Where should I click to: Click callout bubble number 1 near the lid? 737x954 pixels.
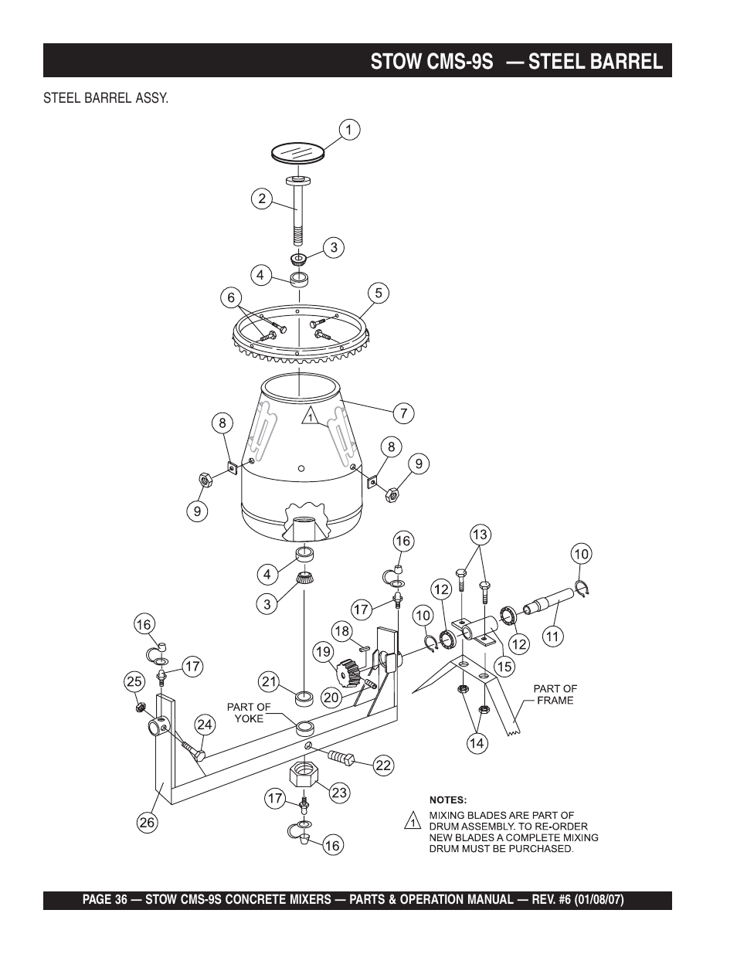pos(348,131)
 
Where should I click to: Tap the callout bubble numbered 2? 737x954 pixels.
pos(262,199)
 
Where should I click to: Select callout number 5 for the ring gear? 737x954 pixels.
pos(379,293)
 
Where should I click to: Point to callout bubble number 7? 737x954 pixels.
pos(403,413)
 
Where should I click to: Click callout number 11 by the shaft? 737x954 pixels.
pos(552,637)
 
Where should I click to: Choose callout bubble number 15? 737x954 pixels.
pos(504,666)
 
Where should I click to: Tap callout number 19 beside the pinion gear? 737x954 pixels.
pos(323,652)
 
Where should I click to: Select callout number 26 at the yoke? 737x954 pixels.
pos(147,823)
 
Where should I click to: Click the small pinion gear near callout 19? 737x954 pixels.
pos(352,669)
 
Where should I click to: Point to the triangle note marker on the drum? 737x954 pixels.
pos(309,416)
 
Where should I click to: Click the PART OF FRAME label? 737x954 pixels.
pos(555,694)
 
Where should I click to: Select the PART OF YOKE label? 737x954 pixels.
pos(248,712)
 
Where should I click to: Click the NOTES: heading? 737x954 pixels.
pos(448,800)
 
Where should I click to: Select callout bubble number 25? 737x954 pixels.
pos(135,681)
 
